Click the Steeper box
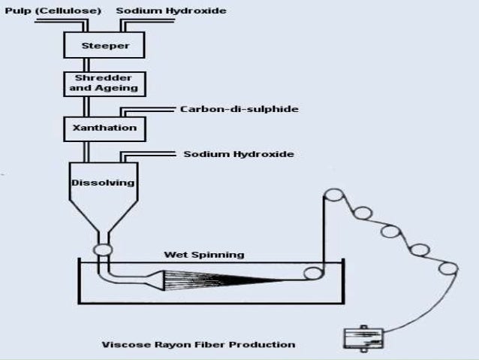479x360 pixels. point(104,45)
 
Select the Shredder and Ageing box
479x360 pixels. point(104,83)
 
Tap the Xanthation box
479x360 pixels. point(104,128)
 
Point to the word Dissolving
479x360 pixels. point(104,183)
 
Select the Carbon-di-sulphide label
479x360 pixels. point(239,110)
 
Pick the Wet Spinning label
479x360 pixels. point(203,255)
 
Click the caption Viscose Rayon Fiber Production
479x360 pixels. point(198,345)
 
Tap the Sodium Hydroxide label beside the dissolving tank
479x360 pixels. point(238,155)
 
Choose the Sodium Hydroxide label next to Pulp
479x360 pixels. point(171,11)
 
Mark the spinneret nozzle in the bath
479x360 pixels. point(153,280)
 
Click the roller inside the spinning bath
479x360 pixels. point(310,274)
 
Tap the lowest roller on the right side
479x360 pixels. point(448,268)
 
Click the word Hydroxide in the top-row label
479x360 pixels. point(198,11)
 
